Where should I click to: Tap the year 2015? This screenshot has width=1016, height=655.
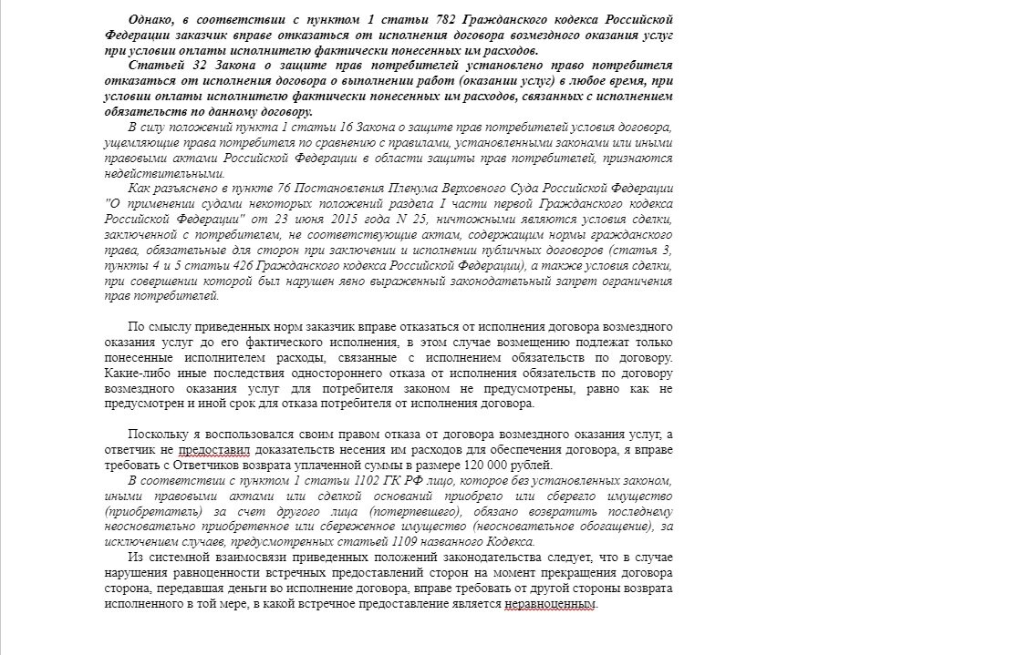[377, 220]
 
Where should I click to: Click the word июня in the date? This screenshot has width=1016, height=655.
[331, 220]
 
